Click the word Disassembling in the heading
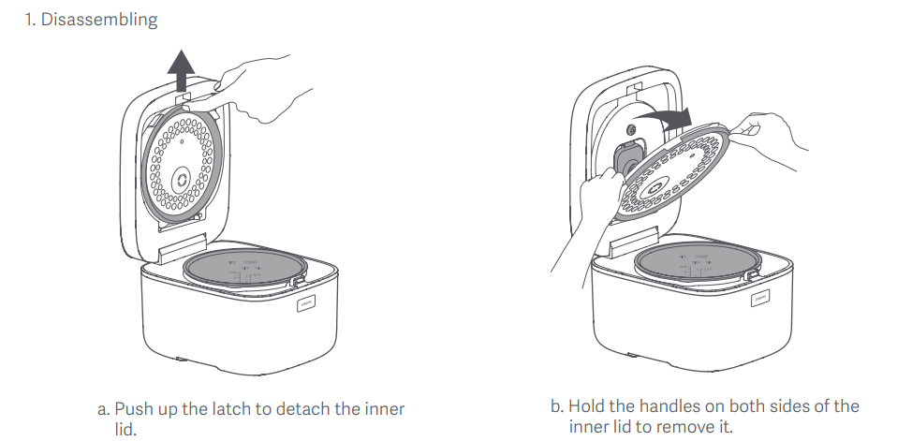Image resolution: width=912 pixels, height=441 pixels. tap(99, 20)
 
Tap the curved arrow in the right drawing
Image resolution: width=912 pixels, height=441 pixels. tap(662, 119)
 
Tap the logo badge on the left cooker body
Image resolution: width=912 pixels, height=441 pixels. tap(306, 303)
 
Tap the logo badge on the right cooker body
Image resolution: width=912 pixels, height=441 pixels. tap(759, 299)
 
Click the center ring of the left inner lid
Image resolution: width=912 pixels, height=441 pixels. tap(182, 179)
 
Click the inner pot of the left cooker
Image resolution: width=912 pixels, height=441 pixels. tap(244, 268)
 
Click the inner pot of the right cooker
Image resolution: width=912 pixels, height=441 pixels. tap(697, 262)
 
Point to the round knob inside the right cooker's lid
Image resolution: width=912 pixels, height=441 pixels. tap(630, 129)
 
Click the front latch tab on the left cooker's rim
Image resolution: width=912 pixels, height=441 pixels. tap(297, 282)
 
